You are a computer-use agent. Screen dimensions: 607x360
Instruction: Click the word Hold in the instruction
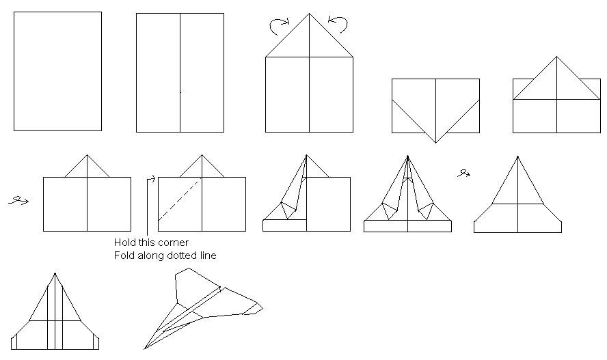click(123, 243)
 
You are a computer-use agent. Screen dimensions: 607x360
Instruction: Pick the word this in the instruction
click(145, 243)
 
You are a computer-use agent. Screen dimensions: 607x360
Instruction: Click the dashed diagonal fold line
click(180, 199)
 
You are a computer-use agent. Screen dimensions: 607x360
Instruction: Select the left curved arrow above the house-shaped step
click(279, 26)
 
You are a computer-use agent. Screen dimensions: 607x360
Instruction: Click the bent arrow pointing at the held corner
click(148, 205)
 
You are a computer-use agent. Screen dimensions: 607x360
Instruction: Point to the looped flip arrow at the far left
click(18, 201)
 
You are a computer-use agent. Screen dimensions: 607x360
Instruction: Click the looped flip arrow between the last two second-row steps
click(463, 174)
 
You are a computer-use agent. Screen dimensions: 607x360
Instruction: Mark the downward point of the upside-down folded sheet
click(436, 143)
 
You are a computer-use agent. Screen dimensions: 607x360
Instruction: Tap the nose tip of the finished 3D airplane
click(145, 349)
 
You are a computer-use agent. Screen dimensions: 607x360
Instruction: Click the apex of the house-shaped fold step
click(309, 14)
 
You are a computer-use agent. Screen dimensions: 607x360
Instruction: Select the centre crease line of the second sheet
click(180, 72)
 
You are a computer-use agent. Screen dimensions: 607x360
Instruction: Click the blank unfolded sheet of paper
click(57, 71)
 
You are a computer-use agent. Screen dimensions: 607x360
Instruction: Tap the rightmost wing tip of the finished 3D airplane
click(262, 308)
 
